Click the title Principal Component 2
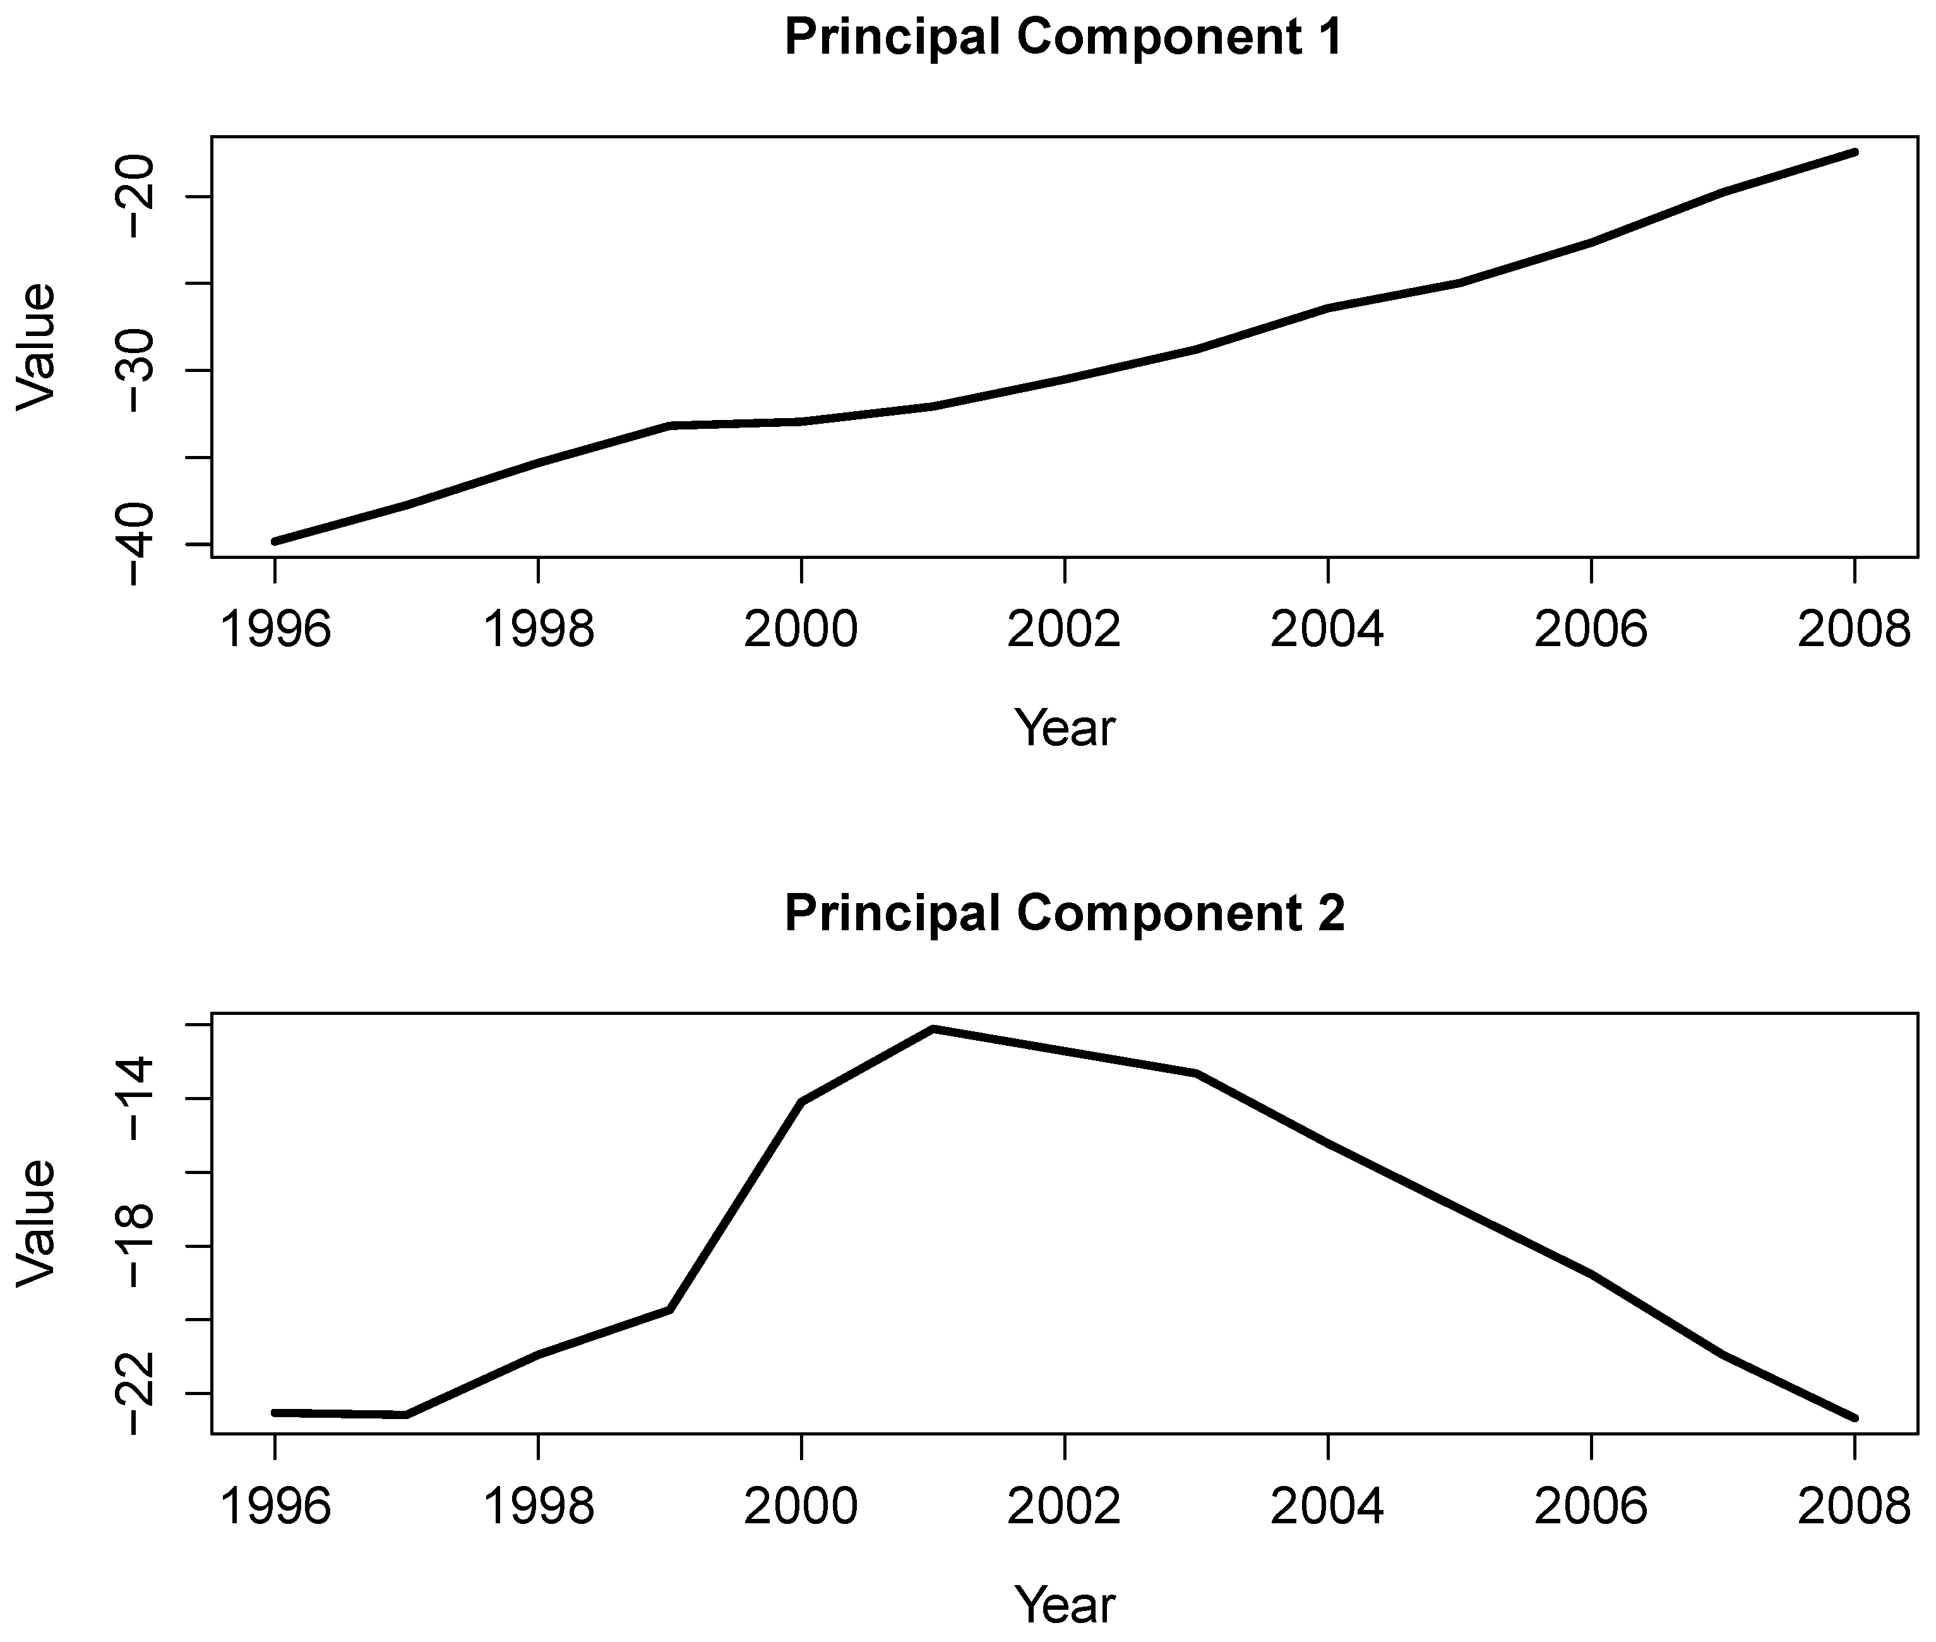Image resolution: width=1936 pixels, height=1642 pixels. (1064, 913)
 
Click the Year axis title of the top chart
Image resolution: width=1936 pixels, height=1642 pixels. (1064, 728)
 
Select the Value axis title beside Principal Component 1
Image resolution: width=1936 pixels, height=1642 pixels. (37, 346)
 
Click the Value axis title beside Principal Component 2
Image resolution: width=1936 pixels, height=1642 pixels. (37, 1222)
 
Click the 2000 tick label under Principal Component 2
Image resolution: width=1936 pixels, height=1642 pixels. (801, 1506)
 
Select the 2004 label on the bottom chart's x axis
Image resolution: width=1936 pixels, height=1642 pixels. (1327, 1506)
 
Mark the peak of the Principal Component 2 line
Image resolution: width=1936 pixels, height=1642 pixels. (933, 1029)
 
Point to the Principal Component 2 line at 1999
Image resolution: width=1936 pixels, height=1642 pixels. (669, 1310)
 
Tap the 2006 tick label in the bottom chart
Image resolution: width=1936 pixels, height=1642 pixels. (1591, 1506)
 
